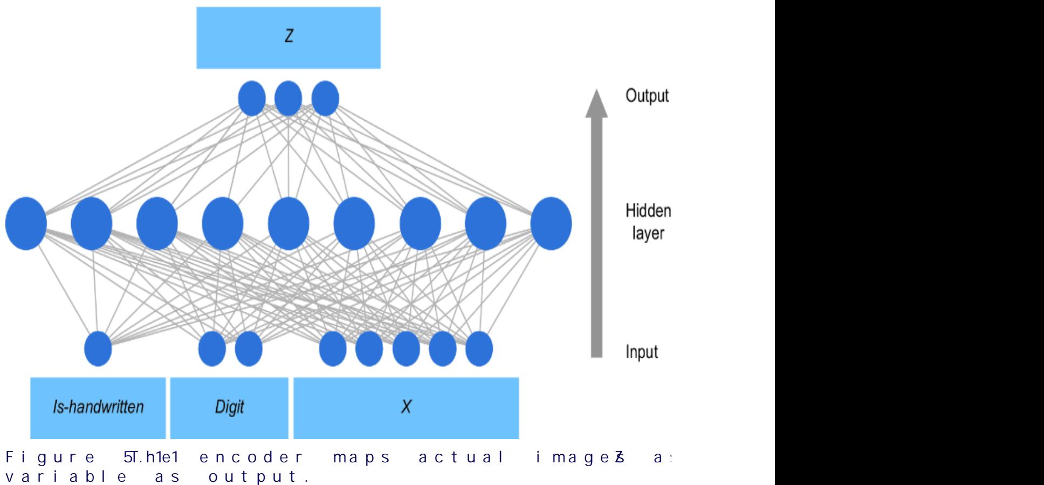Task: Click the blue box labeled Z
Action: click(x=288, y=38)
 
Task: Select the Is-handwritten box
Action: click(x=98, y=407)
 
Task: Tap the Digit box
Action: click(x=229, y=407)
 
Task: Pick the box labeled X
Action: click(x=406, y=407)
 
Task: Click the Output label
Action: click(x=647, y=96)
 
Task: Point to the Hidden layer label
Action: click(x=648, y=222)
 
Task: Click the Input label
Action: click(x=641, y=352)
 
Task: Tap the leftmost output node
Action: click(x=252, y=98)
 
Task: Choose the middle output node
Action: click(x=288, y=98)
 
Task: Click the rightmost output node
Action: click(x=325, y=98)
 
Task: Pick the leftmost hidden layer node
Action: click(x=26, y=223)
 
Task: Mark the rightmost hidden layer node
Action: click(x=551, y=223)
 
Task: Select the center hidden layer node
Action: click(x=289, y=223)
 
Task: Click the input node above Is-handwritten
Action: click(x=98, y=349)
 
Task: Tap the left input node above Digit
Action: click(x=212, y=349)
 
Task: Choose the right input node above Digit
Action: click(x=249, y=349)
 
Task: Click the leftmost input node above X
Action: click(x=333, y=349)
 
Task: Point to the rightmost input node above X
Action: click(x=479, y=349)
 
